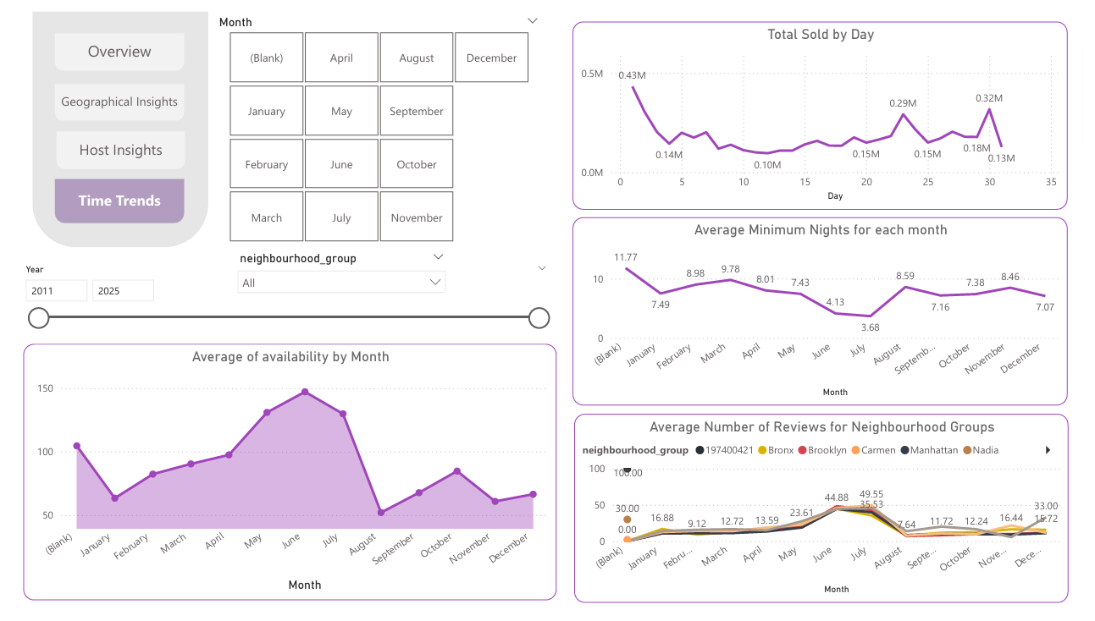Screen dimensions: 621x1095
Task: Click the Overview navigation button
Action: [x=119, y=52]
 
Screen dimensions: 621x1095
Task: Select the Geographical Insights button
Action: [x=119, y=102]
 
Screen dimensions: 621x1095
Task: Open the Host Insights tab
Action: [x=120, y=150]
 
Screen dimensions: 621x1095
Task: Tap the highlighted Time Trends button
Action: [x=119, y=201]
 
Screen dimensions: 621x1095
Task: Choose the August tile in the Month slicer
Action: [x=417, y=58]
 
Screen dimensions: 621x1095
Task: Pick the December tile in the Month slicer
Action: [x=491, y=58]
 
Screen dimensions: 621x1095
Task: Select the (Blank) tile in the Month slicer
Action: [x=266, y=58]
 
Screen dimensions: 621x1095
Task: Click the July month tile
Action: [x=341, y=217]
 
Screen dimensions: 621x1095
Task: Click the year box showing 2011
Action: [x=56, y=291]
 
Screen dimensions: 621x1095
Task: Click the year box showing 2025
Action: [x=123, y=291]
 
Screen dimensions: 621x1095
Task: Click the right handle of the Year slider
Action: [x=539, y=318]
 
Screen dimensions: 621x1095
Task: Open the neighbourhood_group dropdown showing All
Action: [x=341, y=283]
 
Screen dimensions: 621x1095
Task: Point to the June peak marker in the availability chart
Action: [x=305, y=392]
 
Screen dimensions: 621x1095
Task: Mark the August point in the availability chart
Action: [x=381, y=513]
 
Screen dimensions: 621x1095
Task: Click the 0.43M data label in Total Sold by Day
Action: [x=632, y=75]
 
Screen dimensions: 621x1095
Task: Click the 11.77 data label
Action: [x=626, y=257]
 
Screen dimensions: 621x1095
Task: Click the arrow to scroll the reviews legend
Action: [x=1048, y=450]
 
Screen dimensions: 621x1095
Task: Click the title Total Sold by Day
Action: [x=820, y=35]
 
